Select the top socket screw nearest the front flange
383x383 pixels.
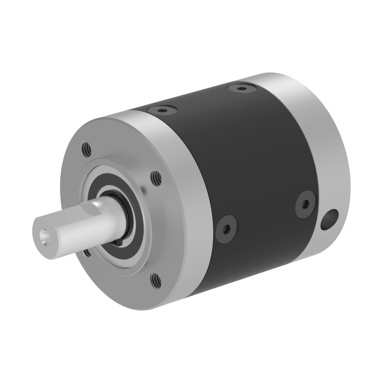coord(161,111)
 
